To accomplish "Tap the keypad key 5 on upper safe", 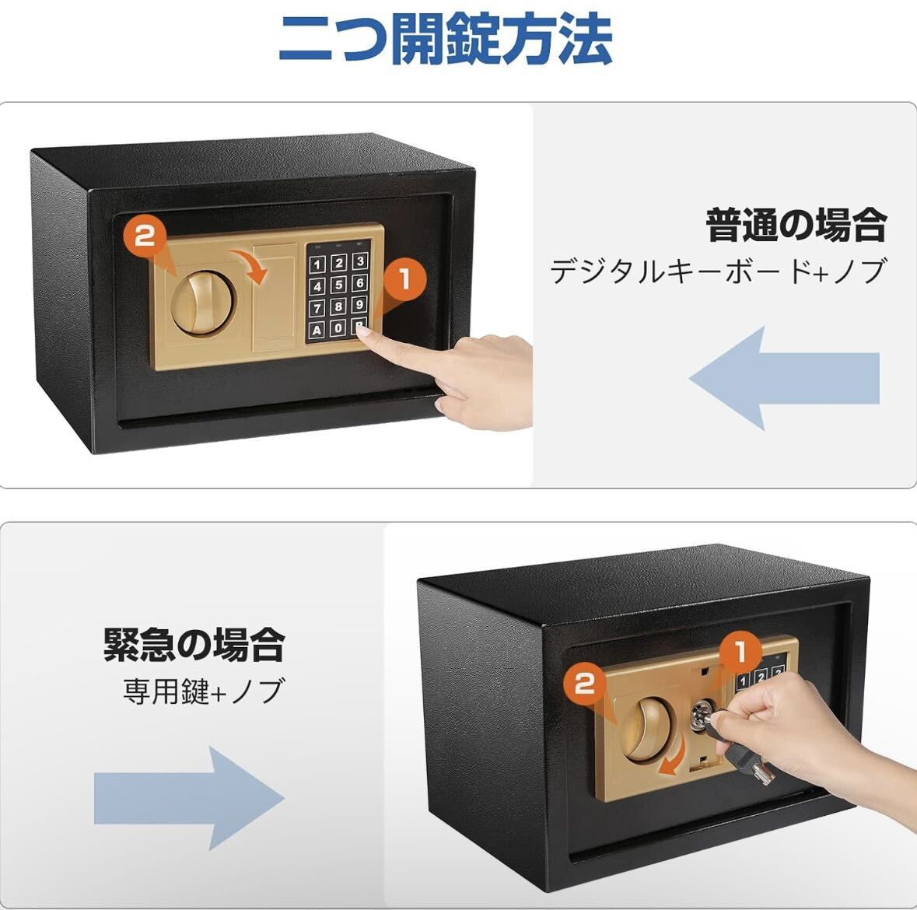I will pyautogui.click(x=338, y=284).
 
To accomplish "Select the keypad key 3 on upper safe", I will pyautogui.click(x=359, y=261).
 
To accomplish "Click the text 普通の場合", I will pyautogui.click(x=796, y=226).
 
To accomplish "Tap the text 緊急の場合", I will pyautogui.click(x=194, y=646).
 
